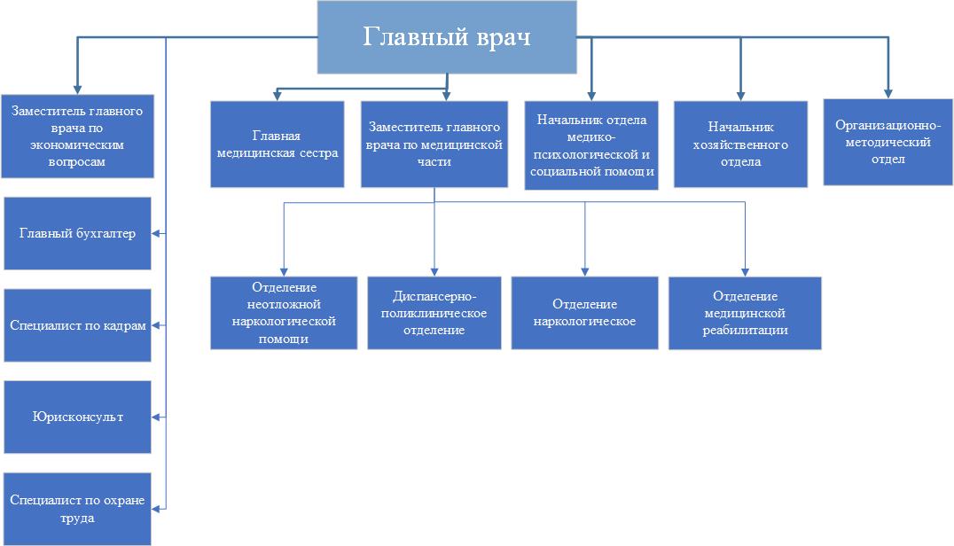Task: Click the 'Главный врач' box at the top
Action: (447, 37)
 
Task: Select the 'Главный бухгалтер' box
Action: (77, 233)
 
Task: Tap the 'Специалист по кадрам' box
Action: (77, 325)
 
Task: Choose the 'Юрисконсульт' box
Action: (77, 417)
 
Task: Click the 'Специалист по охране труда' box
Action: (77, 509)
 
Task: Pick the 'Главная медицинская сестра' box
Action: (277, 144)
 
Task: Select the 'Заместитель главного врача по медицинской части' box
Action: (434, 144)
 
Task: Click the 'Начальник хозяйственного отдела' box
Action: (740, 144)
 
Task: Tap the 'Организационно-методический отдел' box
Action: (888, 143)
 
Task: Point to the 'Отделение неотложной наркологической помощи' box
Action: (284, 313)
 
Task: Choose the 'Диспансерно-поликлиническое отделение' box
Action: (434, 313)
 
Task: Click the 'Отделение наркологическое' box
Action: (584, 313)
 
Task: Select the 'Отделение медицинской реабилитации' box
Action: (745, 313)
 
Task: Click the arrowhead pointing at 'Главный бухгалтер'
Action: (156, 233)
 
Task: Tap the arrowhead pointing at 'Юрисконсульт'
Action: (156, 417)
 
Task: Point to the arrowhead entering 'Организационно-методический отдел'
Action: (888, 94)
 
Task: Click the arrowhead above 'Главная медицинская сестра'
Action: (278, 96)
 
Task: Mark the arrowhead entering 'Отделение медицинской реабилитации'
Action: (746, 272)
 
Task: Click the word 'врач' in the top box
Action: (504, 37)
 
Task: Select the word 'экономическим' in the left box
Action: (76, 144)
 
